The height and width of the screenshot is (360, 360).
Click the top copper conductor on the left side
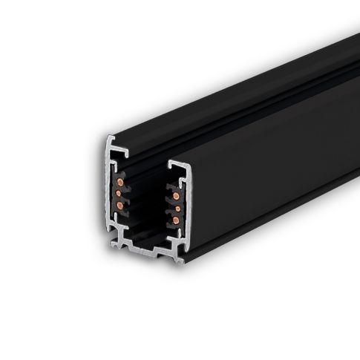pos(121,182)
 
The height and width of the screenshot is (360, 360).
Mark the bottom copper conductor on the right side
pos(176,221)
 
